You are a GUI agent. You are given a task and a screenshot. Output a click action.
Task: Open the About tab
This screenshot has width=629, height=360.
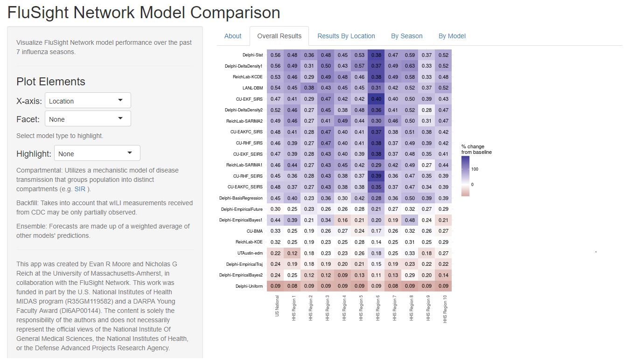[233, 36]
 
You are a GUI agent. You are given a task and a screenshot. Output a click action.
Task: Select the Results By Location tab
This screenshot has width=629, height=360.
[346, 36]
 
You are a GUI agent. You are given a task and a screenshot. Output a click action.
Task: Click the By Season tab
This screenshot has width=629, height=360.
[406, 36]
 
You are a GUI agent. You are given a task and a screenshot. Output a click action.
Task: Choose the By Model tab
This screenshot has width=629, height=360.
[452, 36]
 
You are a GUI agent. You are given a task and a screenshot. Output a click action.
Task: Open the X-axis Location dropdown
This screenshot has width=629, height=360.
[88, 101]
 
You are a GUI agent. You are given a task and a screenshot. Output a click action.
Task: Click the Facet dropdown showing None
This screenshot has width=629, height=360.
[88, 119]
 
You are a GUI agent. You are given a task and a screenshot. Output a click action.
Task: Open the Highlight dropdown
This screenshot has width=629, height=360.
[97, 153]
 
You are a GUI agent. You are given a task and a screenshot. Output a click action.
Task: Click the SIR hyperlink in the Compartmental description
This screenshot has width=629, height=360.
[79, 189]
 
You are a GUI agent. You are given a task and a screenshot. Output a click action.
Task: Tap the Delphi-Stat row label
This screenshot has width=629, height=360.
[252, 55]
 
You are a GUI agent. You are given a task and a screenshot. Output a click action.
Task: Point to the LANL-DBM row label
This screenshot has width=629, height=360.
[252, 88]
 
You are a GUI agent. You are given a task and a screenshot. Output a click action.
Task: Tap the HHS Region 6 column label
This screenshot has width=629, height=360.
[377, 308]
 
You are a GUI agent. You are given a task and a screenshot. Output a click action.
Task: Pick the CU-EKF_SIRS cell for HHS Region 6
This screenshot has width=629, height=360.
[376, 99]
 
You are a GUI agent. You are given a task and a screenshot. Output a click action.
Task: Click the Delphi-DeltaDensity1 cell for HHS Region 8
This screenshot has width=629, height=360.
[410, 66]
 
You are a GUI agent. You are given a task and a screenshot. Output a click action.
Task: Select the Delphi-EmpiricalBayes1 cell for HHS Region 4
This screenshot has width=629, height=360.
[342, 220]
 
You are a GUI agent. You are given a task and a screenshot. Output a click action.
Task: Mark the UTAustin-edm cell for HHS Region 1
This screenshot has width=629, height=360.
[292, 253]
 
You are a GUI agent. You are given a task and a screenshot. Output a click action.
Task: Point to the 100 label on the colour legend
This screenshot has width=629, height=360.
[475, 169]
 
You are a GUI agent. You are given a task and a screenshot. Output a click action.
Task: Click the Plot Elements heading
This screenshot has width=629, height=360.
[51, 82]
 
